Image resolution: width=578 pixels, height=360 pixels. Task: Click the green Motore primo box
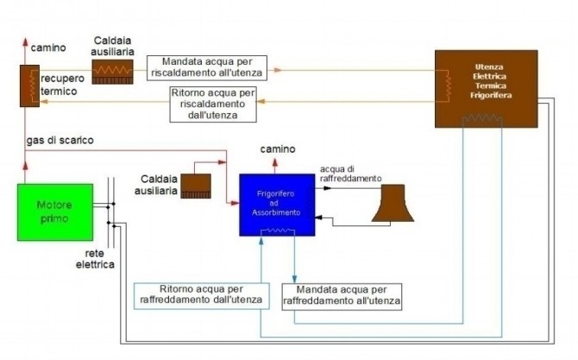(x=55, y=212)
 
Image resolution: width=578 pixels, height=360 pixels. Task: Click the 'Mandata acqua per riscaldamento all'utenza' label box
(x=207, y=67)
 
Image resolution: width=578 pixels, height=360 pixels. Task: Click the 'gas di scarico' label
(x=60, y=140)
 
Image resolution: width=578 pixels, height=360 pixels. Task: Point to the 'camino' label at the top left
(x=49, y=47)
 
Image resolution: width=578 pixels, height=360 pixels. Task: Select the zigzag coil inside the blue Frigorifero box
(x=278, y=231)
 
